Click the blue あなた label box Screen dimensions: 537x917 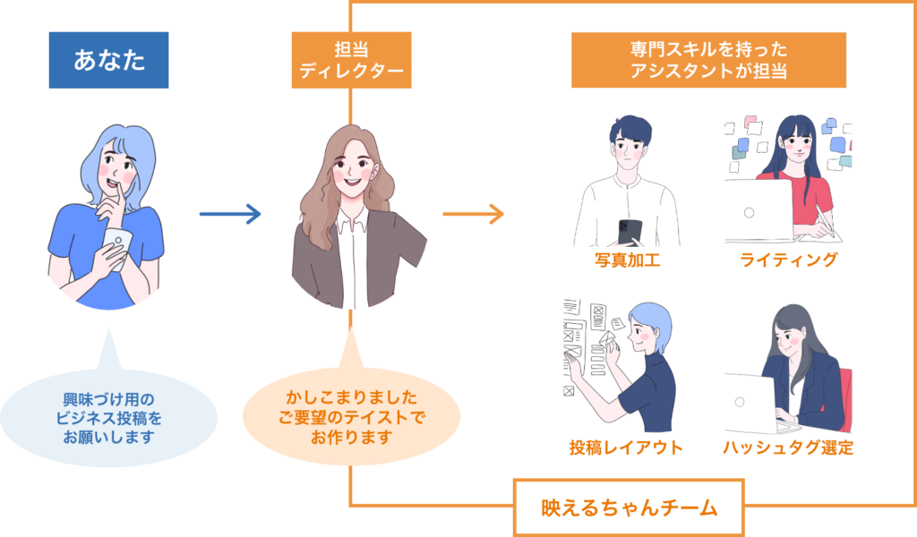pyautogui.click(x=108, y=60)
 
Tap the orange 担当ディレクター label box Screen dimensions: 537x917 pyautogui.click(x=351, y=60)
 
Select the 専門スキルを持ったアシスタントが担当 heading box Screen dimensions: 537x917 pyautogui.click(x=708, y=60)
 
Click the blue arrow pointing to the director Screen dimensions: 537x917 pyautogui.click(x=229, y=214)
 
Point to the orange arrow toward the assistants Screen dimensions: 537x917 pyautogui.click(x=473, y=214)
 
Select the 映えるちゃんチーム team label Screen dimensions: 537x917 pyautogui.click(x=629, y=507)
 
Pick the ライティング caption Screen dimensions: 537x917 pyautogui.click(x=789, y=260)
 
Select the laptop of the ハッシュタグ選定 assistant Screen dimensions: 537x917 pyautogui.click(x=750, y=401)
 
